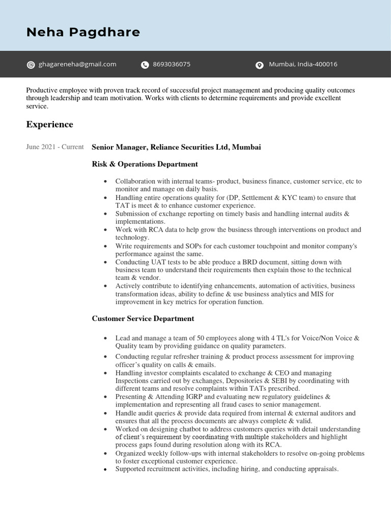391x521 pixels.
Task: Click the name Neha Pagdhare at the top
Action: point(83,33)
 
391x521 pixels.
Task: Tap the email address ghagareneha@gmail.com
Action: point(78,64)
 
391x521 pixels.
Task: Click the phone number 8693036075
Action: point(172,64)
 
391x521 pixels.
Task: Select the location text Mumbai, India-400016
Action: point(303,64)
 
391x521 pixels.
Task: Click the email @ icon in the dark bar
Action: point(31,65)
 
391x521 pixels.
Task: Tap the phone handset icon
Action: point(145,65)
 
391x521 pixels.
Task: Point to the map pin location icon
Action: point(259,65)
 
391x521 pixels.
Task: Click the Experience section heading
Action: point(49,125)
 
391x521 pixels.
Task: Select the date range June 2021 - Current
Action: point(54,147)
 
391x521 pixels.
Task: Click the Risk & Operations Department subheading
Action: point(145,164)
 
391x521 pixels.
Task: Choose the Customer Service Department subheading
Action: point(143,319)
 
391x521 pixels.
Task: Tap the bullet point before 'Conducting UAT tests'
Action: point(105,263)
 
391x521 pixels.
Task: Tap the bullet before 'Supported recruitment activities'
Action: point(105,469)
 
